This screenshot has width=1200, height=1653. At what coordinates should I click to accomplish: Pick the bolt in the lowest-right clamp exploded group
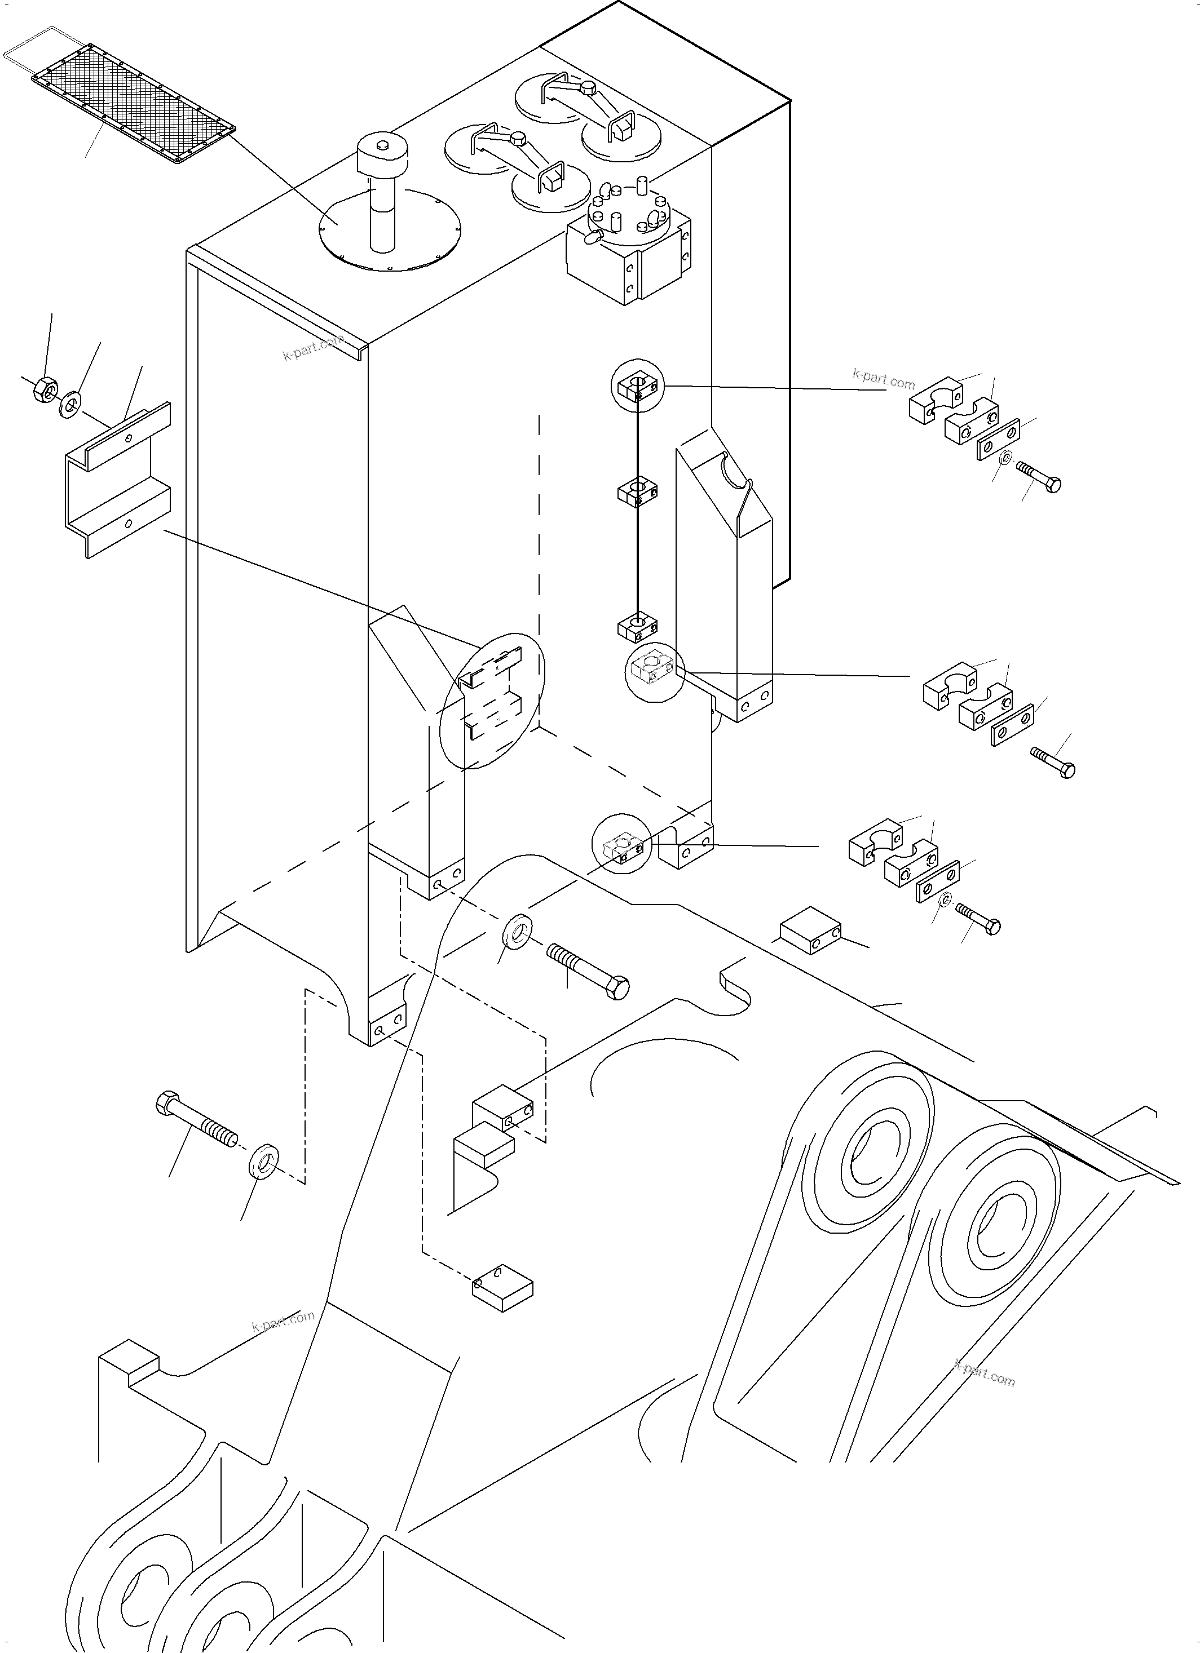978,919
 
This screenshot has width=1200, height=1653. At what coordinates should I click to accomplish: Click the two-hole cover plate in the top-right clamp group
998,439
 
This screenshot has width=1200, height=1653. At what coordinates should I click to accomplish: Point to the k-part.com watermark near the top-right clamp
883,379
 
